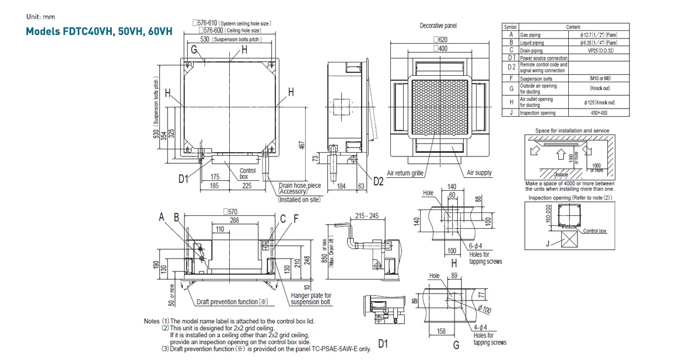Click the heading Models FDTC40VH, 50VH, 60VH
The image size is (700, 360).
(99, 32)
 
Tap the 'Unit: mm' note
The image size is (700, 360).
(41, 17)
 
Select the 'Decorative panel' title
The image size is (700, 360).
(438, 26)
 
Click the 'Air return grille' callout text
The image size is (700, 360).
(405, 173)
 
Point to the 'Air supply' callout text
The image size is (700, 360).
(479, 173)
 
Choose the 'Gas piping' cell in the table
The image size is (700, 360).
(531, 35)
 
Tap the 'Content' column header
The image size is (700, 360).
(573, 27)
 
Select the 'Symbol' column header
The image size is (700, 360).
(510, 27)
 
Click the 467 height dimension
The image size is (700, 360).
(302, 145)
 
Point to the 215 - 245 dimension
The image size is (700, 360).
(366, 216)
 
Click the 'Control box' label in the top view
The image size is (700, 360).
(248, 173)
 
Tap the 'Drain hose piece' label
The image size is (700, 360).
(299, 186)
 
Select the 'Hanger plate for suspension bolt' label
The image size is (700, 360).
(311, 299)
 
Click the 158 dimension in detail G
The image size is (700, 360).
(442, 331)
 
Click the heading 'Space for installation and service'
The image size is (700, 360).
(572, 130)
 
